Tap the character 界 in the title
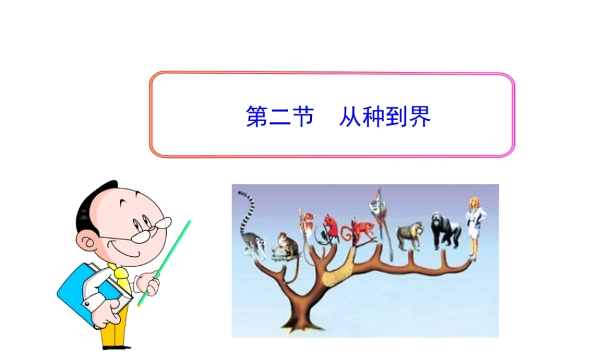click(x=419, y=116)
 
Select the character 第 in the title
click(x=257, y=116)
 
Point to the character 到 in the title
click(x=396, y=116)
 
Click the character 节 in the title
click(x=303, y=116)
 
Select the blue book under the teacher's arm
click(x=84, y=294)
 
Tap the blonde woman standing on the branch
click(x=475, y=225)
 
